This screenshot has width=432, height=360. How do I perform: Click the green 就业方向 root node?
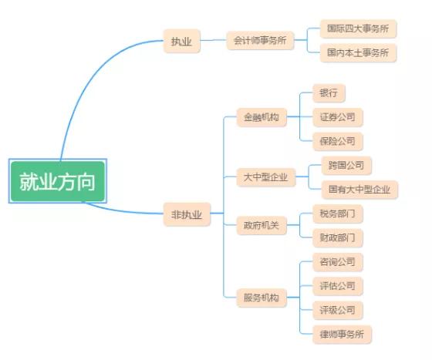[x=58, y=181]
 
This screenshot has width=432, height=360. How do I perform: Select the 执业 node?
[x=182, y=41]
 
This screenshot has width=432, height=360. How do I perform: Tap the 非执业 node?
[x=187, y=214]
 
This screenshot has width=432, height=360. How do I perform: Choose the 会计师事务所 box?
[x=260, y=40]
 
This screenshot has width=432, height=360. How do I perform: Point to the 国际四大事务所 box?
[x=358, y=29]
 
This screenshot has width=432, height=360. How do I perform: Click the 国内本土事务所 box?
[x=358, y=52]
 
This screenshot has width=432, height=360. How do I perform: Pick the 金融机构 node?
[x=262, y=117]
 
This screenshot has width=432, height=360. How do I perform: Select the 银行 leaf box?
[x=329, y=93]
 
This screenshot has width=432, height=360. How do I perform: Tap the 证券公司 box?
[x=338, y=117]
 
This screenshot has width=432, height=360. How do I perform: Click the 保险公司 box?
[x=338, y=142]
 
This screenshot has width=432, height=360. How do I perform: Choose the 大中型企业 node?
[x=266, y=177]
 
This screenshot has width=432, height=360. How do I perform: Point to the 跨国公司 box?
[x=346, y=166]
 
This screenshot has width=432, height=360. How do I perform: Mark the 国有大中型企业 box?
[x=359, y=190]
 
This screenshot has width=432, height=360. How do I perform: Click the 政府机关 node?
[x=262, y=225]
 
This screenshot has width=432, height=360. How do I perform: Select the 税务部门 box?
[x=338, y=214]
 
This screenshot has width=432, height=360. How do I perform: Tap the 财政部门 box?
[x=338, y=237]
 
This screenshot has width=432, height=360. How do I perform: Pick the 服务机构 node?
[x=262, y=298]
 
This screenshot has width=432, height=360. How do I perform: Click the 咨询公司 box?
[x=338, y=262]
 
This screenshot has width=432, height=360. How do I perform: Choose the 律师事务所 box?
[x=343, y=334]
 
